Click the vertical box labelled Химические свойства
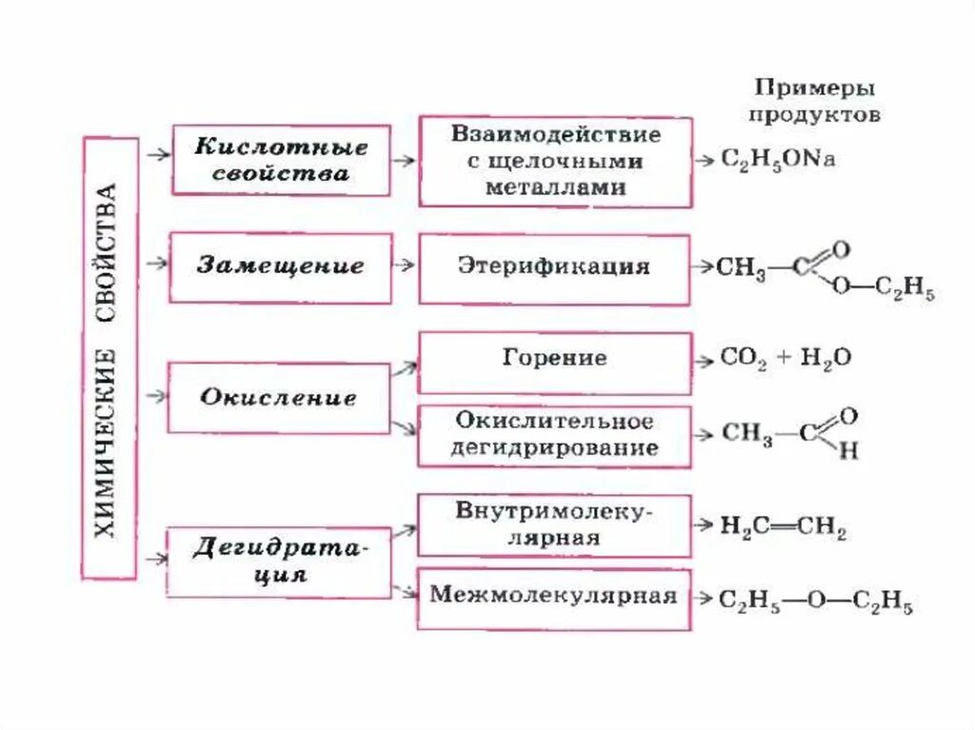(x=109, y=358)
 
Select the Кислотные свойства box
(x=281, y=160)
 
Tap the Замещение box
(x=280, y=267)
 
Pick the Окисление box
(x=278, y=397)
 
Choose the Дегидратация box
(x=279, y=562)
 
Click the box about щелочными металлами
(x=555, y=161)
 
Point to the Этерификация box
(x=554, y=268)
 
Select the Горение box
(x=554, y=361)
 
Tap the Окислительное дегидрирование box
(x=554, y=435)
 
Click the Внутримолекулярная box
(x=554, y=524)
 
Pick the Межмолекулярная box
(x=554, y=598)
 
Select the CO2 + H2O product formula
(x=786, y=360)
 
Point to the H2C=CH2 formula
(x=783, y=526)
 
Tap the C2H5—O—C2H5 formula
(x=815, y=602)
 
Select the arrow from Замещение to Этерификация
(x=404, y=267)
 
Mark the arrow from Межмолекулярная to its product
(x=704, y=599)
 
